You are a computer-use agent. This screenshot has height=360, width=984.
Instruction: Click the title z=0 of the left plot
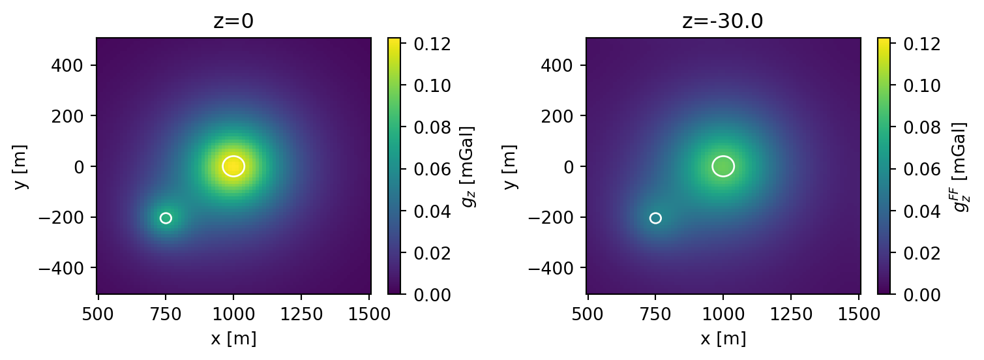pos(233,22)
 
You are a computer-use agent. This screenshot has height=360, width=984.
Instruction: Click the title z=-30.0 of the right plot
pos(723,22)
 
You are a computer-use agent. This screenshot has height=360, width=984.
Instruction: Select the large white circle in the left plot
pos(233,166)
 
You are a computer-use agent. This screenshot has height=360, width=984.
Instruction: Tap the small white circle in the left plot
pos(166,218)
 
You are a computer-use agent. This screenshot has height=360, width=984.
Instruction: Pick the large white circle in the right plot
pos(723,166)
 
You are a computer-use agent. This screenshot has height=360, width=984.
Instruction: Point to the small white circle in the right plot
pos(655,218)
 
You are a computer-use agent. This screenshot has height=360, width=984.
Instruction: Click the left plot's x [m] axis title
pos(233,338)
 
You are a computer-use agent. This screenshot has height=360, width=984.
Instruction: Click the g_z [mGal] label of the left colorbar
pos(468,166)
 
